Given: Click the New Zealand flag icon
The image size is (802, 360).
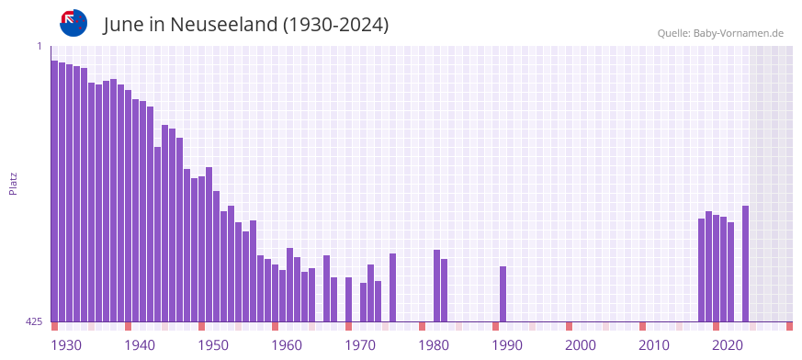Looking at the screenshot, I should click(x=73, y=22).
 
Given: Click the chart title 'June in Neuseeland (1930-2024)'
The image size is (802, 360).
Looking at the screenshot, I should click(x=246, y=25).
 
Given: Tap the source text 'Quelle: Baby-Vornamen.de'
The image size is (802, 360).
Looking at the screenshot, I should click(x=720, y=33).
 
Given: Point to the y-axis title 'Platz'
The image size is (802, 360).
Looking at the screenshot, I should click(x=13, y=183).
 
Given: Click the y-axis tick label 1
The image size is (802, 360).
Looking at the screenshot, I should click(x=40, y=46).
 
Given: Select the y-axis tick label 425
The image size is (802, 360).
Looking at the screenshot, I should click(x=34, y=321).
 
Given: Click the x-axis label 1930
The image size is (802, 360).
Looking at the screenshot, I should click(x=66, y=345).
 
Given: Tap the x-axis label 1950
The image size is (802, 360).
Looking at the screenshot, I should click(x=213, y=345).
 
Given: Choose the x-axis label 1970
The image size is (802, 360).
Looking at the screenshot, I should click(x=360, y=345).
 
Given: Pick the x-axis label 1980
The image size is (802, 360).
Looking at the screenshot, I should click(x=434, y=345).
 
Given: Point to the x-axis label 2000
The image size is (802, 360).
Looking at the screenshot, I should click(x=581, y=345).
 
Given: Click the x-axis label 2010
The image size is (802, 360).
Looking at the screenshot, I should click(x=654, y=345).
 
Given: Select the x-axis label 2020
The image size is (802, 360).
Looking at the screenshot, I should click(x=728, y=345).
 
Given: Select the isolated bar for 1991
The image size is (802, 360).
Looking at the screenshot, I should click(x=503, y=294).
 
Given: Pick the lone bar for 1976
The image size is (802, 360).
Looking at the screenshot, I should click(x=393, y=287).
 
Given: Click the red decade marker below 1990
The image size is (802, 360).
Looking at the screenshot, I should click(x=496, y=326).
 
